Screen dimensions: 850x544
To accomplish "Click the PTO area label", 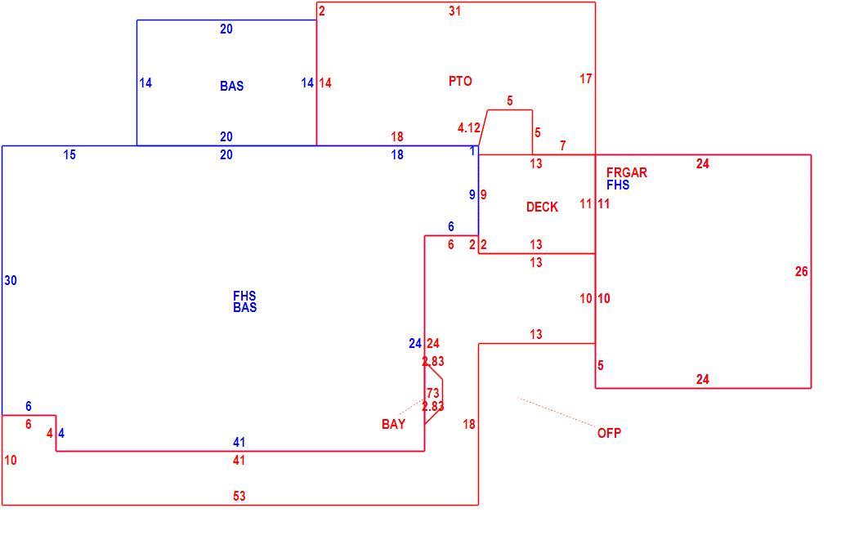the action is [460, 82].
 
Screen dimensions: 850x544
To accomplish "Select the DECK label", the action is [542, 207].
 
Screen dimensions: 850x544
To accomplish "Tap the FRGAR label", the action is [627, 172].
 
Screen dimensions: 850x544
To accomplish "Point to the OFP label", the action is [610, 433].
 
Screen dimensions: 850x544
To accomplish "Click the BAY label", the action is [394, 424].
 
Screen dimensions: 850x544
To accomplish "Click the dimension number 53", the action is [239, 496].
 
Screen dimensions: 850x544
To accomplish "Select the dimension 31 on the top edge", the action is [454, 11].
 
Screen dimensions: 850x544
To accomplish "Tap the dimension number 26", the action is [801, 271].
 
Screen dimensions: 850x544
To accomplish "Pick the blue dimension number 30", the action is [11, 281].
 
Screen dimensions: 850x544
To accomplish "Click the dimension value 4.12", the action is [469, 128].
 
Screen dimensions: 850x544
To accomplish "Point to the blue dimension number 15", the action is [69, 155].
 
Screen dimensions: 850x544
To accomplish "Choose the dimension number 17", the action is [585, 78].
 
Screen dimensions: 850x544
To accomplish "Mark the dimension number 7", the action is [563, 145].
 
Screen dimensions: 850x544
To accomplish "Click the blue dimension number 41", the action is [239, 442].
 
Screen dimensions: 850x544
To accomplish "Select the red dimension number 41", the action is [239, 460].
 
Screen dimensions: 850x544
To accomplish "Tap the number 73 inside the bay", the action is [432, 393].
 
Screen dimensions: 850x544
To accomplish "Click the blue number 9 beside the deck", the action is [472, 195].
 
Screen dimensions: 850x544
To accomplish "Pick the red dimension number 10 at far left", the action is [11, 460].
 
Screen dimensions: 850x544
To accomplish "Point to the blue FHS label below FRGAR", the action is [618, 185].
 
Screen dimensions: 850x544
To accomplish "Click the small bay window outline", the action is [443, 393].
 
